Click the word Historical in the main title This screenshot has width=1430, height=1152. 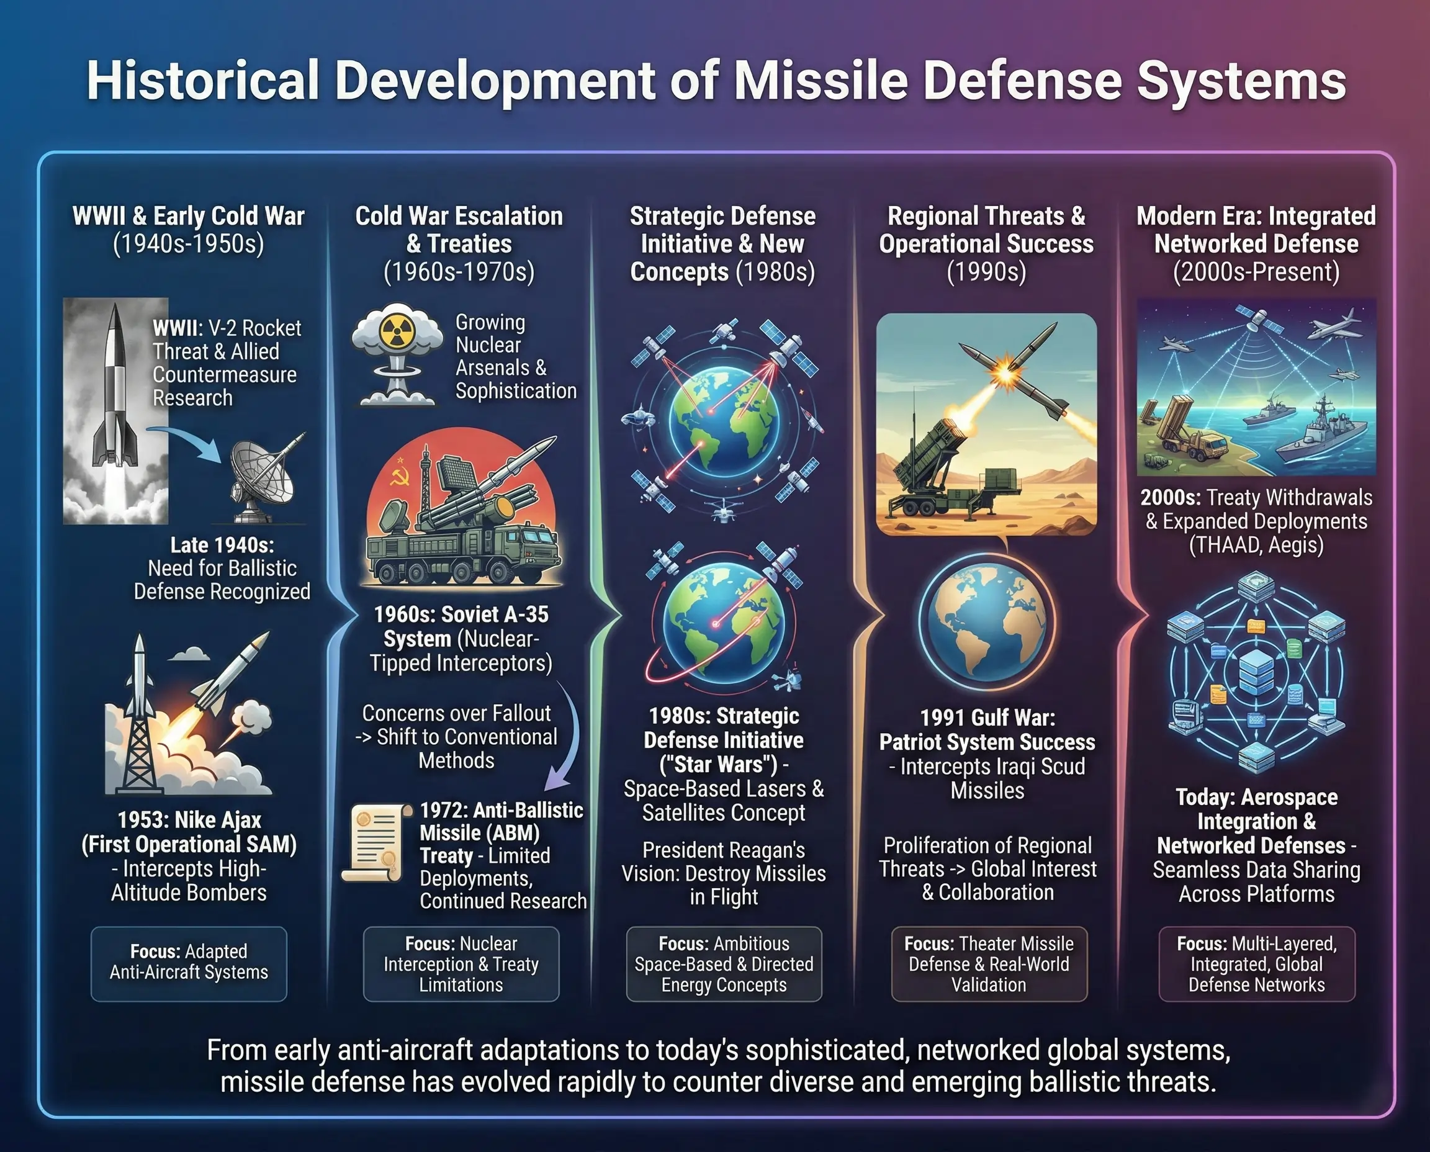click(x=203, y=81)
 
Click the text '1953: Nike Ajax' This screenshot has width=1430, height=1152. click(x=189, y=820)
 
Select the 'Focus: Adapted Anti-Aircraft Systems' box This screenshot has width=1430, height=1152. click(x=189, y=963)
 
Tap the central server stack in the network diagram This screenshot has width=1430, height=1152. click(x=1256, y=672)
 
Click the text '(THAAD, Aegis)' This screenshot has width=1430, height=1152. click(x=1256, y=545)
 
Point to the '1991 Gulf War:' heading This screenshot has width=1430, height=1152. click(x=987, y=718)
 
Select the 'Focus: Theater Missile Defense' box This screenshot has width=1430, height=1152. click(x=989, y=963)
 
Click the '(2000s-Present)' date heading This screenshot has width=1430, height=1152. click(x=1256, y=272)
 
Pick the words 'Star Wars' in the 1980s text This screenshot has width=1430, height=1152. click(x=719, y=765)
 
